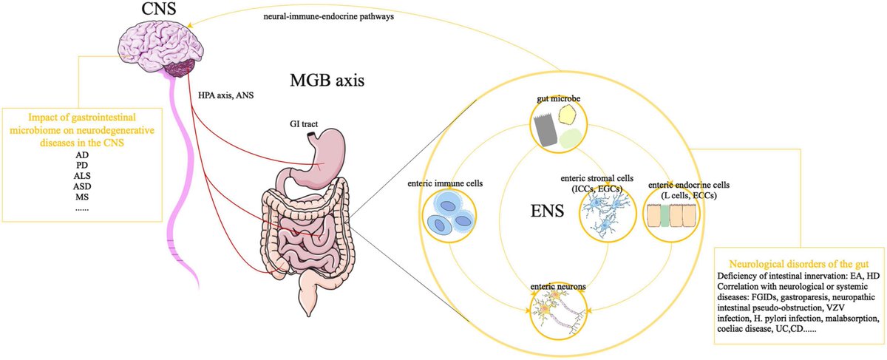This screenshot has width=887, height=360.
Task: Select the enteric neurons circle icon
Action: (559, 309)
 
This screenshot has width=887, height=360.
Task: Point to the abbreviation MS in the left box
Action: (82, 197)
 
